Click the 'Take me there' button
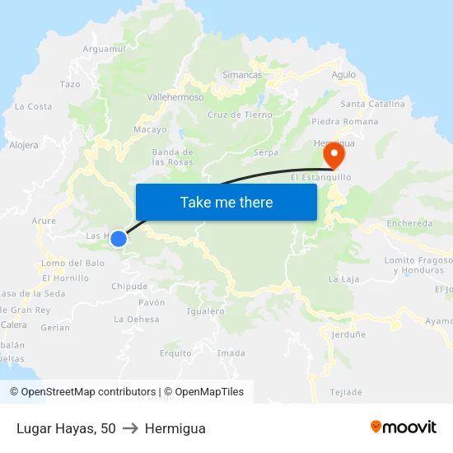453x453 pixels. click(226, 202)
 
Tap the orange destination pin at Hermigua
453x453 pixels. click(334, 152)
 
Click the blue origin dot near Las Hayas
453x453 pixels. click(119, 239)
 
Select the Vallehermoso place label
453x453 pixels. click(175, 96)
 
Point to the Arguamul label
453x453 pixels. click(105, 49)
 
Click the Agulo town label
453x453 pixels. click(343, 75)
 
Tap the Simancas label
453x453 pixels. click(242, 75)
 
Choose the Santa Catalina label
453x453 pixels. click(372, 104)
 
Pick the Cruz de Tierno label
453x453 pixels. click(240, 114)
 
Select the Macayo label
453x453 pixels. click(150, 129)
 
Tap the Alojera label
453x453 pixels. click(24, 145)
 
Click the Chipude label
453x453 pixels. click(129, 287)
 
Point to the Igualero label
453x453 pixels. click(206, 311)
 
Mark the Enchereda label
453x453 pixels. click(409, 223)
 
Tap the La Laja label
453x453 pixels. click(343, 279)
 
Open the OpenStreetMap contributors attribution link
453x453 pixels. click(83, 392)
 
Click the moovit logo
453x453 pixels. click(404, 427)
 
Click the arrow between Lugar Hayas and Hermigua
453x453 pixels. click(130, 428)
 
